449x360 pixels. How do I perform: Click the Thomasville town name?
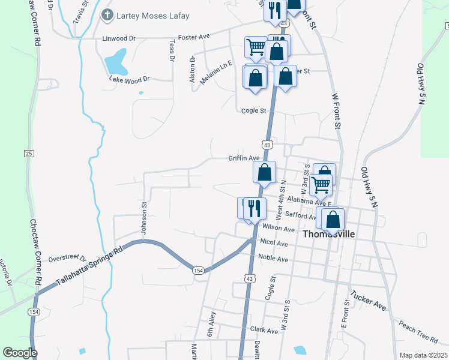pos(330,234)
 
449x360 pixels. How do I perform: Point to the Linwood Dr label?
pos(119,38)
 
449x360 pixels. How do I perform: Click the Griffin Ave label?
pos(243,158)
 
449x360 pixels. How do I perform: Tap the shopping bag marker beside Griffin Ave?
pos(264,173)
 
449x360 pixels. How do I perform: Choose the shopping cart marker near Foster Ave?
pos(256,47)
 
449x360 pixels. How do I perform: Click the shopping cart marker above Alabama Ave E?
pos(321,185)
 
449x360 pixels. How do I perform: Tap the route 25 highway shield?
pos(28,154)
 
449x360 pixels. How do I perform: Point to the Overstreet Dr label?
pos(67,258)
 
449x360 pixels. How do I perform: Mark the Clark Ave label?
pos(264,330)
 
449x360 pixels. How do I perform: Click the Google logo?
pos(19,353)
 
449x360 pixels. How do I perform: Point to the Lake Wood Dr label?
pos(129,79)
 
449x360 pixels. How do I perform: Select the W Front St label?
pos(336,111)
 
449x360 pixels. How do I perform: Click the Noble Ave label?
pos(273,259)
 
